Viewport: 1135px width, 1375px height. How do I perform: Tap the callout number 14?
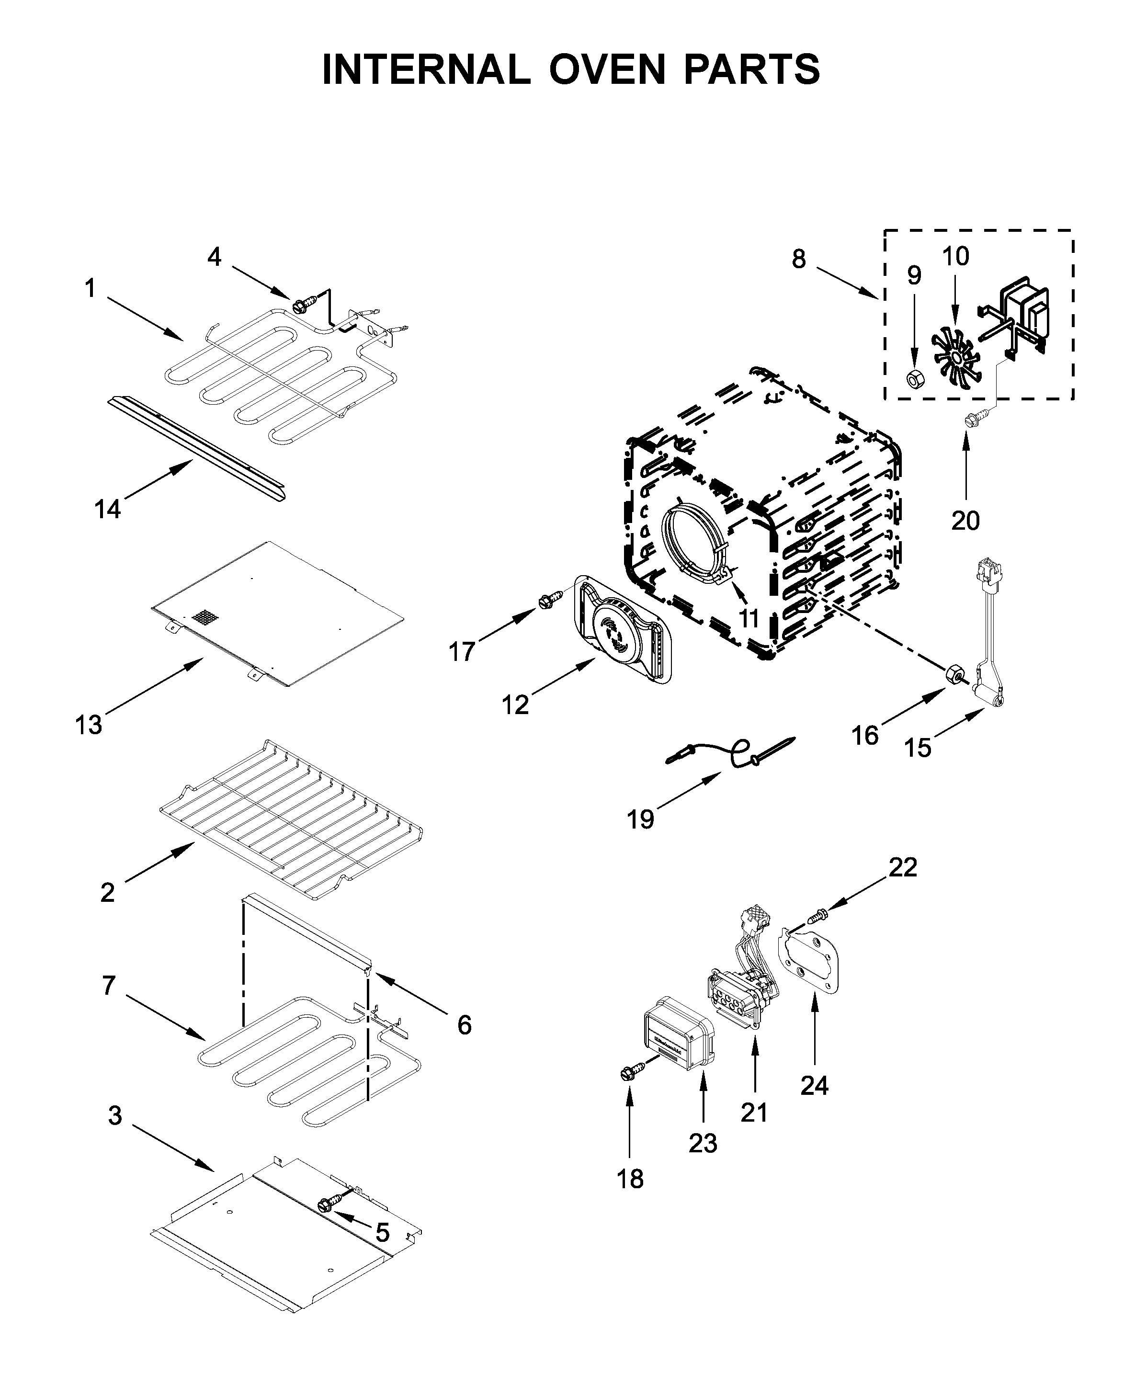tap(108, 509)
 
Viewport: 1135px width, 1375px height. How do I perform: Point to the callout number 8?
tap(798, 260)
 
